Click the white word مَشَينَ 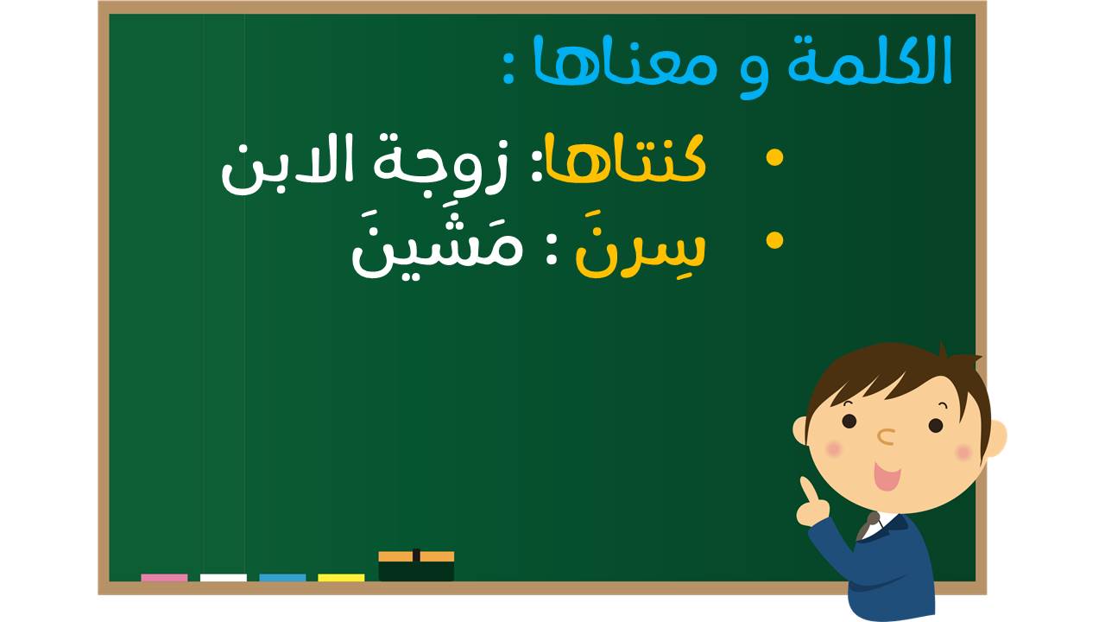pyautogui.click(x=437, y=247)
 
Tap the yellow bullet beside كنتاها pyautogui.click(x=774, y=157)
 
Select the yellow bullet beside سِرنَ pyautogui.click(x=774, y=240)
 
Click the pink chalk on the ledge pyautogui.click(x=164, y=578)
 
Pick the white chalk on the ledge pyautogui.click(x=224, y=578)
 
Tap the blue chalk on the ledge pyautogui.click(x=282, y=578)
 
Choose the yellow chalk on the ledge pyautogui.click(x=341, y=578)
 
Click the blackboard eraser pyautogui.click(x=416, y=566)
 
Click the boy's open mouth pyautogui.click(x=887, y=476)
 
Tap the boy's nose pyautogui.click(x=887, y=436)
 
